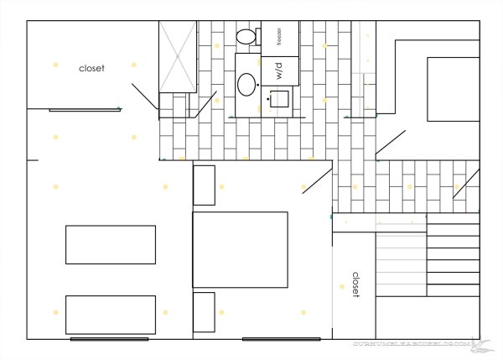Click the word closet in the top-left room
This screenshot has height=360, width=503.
point(91,68)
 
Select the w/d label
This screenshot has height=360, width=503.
point(274,71)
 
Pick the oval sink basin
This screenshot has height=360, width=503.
point(247,83)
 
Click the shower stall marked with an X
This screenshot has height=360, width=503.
point(177,55)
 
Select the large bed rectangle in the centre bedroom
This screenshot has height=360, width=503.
point(241,250)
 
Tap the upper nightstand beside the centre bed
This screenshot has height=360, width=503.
point(205,185)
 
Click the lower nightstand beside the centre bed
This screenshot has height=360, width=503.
point(205,312)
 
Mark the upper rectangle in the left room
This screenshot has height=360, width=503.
point(110,244)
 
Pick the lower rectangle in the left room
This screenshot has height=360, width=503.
point(110,315)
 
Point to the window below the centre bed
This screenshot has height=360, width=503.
point(281,339)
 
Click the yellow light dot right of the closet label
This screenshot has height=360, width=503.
point(133,63)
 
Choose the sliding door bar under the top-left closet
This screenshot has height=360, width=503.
point(83,110)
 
